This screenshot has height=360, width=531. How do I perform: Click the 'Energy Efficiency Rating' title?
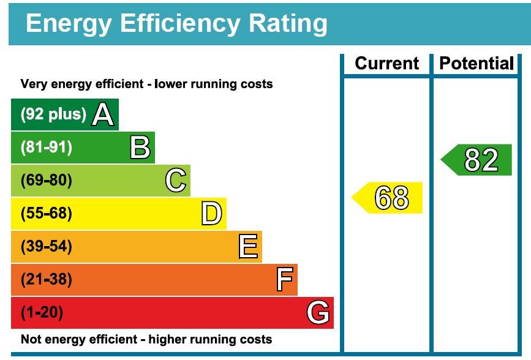coord(176,23)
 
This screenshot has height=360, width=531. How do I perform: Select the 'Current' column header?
coord(387,64)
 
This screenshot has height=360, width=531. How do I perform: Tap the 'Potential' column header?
coord(476,64)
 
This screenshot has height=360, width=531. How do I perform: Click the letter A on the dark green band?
coord(102,114)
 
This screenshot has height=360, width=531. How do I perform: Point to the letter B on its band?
coord(140,148)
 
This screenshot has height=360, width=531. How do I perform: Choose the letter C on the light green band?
coord(175,181)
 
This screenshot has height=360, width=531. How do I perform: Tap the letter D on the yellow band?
coord(211,214)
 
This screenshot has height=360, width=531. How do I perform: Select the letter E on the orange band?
coord(247,247)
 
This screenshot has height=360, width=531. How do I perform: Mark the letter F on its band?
coord(284,280)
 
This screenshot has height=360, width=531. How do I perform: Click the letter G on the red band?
coord(318,313)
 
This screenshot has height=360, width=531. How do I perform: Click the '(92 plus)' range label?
coord(54,114)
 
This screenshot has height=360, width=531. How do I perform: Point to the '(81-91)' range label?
coord(47,148)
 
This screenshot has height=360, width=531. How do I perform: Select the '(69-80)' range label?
coord(47,181)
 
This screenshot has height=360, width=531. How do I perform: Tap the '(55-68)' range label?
coord(47,214)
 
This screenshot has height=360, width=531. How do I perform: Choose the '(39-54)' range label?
coord(47,247)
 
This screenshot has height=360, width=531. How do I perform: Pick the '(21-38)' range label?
coord(47,280)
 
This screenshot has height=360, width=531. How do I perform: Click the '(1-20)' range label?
coord(42,313)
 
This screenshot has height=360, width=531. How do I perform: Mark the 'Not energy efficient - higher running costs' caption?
coord(146,339)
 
